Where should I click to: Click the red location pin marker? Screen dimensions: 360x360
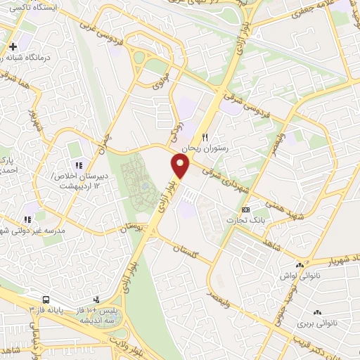pos(181,166)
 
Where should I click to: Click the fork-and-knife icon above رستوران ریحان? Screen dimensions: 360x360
pos(205,137)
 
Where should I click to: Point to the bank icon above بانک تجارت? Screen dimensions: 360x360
pos(245,210)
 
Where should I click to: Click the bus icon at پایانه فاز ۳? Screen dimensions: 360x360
pos(46,299)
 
